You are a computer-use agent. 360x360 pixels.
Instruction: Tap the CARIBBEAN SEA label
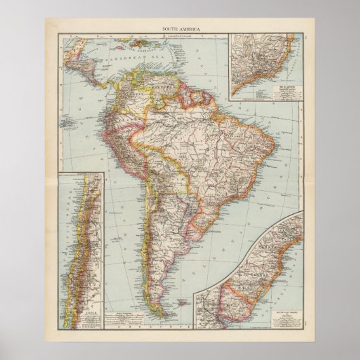tap(126, 60)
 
